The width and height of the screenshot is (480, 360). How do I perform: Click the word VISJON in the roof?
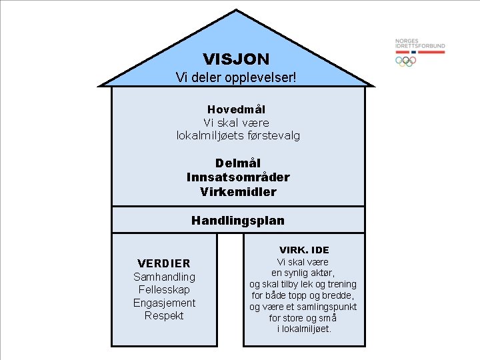click(x=236, y=59)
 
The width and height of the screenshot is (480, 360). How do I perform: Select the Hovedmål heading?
click(x=236, y=109)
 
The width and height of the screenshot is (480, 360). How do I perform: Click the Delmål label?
click(x=238, y=163)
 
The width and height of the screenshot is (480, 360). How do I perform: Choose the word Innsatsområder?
click(x=238, y=177)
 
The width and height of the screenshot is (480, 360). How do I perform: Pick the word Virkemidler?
click(x=238, y=192)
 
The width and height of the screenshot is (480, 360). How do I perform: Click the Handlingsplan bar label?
click(x=238, y=220)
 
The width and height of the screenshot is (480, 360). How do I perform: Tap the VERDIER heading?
click(x=163, y=263)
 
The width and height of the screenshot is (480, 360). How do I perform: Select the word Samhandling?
click(x=164, y=277)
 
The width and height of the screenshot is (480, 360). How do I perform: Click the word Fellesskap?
click(x=164, y=289)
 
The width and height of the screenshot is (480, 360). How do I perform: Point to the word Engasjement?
click(x=164, y=303)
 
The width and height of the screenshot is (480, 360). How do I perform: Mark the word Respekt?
click(x=164, y=315)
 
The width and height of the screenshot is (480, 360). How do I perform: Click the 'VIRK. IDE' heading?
click(x=303, y=250)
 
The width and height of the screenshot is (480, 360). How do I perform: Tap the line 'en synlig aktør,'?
click(x=303, y=273)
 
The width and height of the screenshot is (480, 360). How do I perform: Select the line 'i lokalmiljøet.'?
click(x=303, y=329)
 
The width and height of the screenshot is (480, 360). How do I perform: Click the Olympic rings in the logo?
click(x=405, y=61)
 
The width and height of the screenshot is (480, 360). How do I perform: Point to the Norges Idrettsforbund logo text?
click(x=420, y=44)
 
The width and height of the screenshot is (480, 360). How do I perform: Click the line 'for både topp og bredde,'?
click(x=303, y=295)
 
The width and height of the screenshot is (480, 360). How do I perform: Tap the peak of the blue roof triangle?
click(x=236, y=11)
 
